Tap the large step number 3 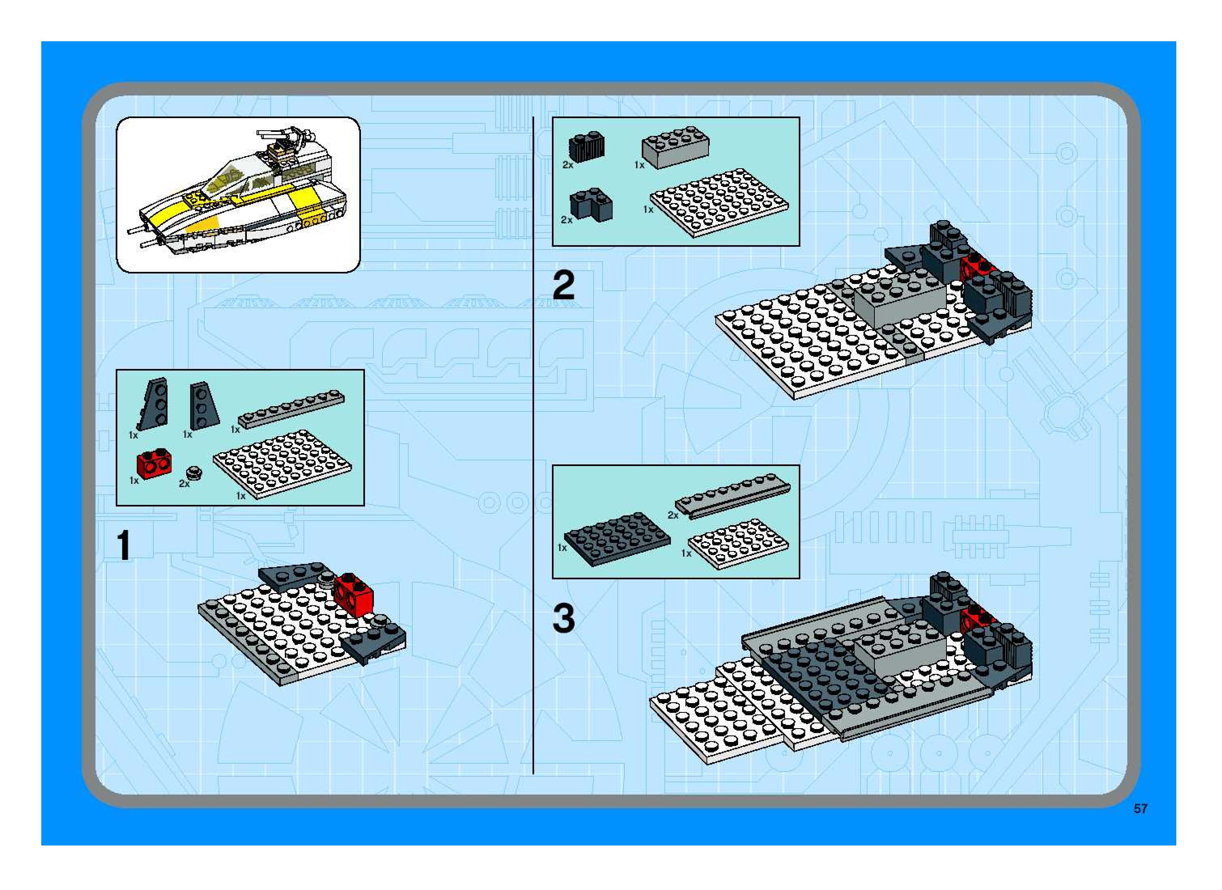[564, 618]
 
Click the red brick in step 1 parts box [154, 464]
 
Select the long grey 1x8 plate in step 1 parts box [291, 409]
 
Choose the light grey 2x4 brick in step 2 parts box [675, 147]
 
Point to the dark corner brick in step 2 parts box [591, 205]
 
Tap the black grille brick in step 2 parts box [587, 146]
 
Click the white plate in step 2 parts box [719, 203]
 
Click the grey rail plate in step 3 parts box [733, 496]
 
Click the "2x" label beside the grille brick [568, 165]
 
